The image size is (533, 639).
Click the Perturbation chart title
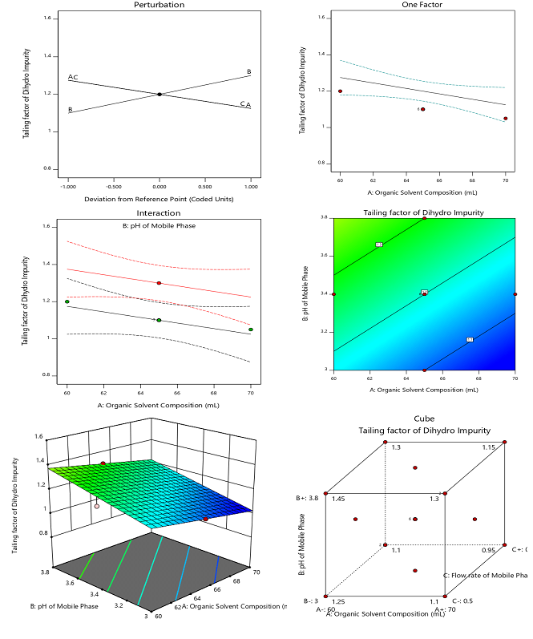click(159, 5)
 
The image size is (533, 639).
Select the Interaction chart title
click(159, 213)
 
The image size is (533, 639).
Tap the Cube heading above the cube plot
click(425, 419)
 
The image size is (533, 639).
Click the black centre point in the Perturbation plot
click(159, 95)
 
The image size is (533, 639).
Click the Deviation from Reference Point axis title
click(159, 197)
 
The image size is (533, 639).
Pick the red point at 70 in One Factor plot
click(505, 119)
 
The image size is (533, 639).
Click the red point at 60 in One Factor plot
click(340, 91)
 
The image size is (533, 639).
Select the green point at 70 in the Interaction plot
click(251, 330)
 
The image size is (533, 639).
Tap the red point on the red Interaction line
click(159, 283)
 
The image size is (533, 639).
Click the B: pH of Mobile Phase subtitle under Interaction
click(159, 225)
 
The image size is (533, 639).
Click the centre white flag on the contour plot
click(424, 293)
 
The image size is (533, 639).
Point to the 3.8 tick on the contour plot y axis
click(325, 217)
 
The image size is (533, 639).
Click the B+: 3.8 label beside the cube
click(309, 498)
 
